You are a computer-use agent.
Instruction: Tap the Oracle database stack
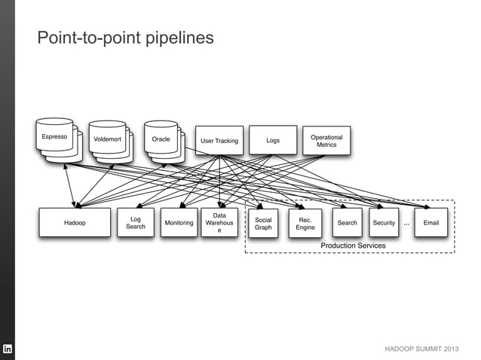(x=162, y=140)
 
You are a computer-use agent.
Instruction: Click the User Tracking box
(x=219, y=141)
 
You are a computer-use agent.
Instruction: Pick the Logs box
(x=273, y=140)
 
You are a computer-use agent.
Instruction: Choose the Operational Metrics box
(x=326, y=140)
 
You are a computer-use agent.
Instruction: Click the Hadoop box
(x=75, y=223)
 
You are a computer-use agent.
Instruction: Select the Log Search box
(x=136, y=223)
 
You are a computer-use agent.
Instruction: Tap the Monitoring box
(x=179, y=223)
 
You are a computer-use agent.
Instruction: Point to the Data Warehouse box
(x=219, y=223)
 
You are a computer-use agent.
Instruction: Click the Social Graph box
(x=263, y=223)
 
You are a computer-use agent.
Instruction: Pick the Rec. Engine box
(x=305, y=223)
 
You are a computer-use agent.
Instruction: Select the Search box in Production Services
(x=348, y=223)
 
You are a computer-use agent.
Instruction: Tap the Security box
(x=384, y=223)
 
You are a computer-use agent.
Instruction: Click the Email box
(x=431, y=223)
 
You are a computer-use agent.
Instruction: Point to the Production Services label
(x=353, y=246)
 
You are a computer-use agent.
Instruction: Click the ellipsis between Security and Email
(x=407, y=224)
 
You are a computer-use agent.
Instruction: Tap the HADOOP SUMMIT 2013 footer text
(x=421, y=350)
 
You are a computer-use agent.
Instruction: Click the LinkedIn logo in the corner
(x=8, y=349)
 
